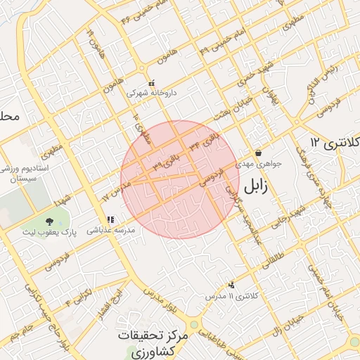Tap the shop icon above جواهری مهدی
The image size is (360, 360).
259,153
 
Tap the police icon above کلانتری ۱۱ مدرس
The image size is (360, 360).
231,285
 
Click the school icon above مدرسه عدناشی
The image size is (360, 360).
110,219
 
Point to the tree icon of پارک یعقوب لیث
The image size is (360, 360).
49,221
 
